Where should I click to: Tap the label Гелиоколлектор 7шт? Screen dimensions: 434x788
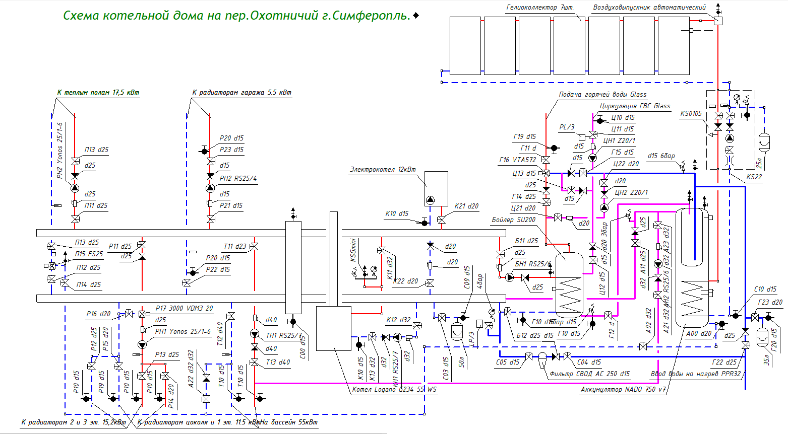pyautogui.click(x=539, y=8)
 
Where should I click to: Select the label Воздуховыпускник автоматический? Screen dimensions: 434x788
pyautogui.click(x=649, y=8)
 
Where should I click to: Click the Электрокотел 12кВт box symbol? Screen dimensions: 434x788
pyautogui.click(x=436, y=189)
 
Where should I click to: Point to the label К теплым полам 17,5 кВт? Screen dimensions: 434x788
pyautogui.click(x=98, y=93)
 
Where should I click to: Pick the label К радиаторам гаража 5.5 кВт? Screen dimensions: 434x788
pyautogui.click(x=241, y=93)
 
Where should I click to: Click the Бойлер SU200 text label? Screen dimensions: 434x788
pyautogui.click(x=514, y=220)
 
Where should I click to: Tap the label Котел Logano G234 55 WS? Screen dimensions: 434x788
pyautogui.click(x=394, y=389)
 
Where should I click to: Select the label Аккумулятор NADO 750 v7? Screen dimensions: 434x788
pyautogui.click(x=623, y=389)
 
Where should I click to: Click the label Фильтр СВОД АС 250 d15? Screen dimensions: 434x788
pyautogui.click(x=589, y=374)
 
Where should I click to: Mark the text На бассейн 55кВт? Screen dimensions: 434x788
pyautogui.click(x=289, y=422)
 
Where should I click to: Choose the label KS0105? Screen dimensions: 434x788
pyautogui.click(x=691, y=114)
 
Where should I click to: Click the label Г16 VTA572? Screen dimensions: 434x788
pyautogui.click(x=518, y=160)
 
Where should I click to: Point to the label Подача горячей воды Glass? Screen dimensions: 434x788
pyautogui.click(x=602, y=95)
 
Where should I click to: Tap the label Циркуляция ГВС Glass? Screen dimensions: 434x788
pyautogui.click(x=635, y=106)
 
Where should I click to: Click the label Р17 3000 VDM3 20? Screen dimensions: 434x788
pyautogui.click(x=184, y=308)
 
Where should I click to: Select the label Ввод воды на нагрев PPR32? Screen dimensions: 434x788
pyautogui.click(x=695, y=374)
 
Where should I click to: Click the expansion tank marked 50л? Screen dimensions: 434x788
pyautogui.click(x=457, y=331)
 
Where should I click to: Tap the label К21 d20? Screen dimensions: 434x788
pyautogui.click(x=466, y=206)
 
